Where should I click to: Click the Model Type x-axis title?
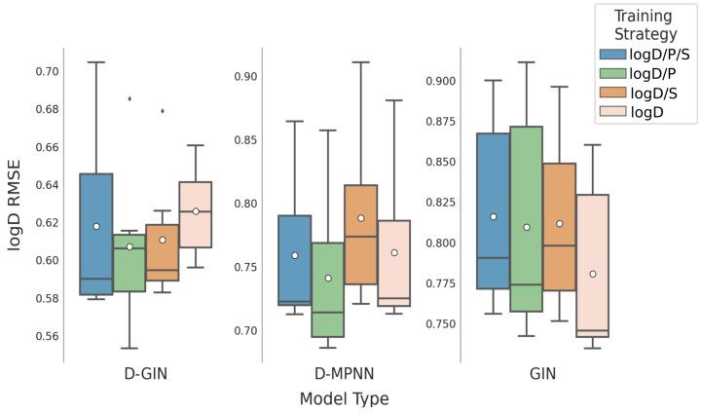tap(344, 398)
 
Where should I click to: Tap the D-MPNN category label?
tap(344, 373)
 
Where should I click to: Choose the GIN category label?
tap(542, 373)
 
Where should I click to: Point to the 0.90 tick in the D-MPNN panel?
tap(244, 76)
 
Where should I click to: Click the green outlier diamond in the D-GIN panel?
tap(129, 98)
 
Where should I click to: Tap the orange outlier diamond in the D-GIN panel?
tap(163, 110)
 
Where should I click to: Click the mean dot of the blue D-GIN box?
tap(96, 226)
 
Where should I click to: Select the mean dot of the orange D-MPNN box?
tap(361, 218)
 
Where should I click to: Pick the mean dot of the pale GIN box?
tap(593, 274)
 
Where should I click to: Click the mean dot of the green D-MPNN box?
tap(328, 278)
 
